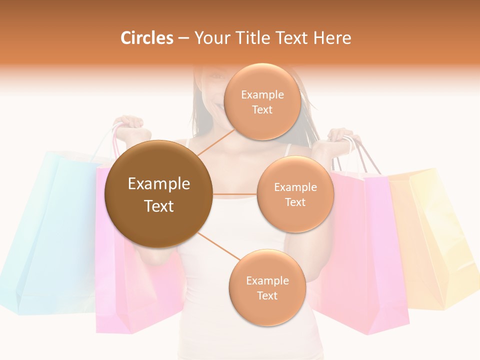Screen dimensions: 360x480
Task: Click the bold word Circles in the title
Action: (x=147, y=38)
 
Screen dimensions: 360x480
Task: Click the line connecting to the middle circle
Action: (x=234, y=194)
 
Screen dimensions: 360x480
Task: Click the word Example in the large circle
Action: (x=159, y=184)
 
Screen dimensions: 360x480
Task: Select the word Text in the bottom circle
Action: (x=267, y=295)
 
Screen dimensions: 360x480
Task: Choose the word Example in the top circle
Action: (x=262, y=94)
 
